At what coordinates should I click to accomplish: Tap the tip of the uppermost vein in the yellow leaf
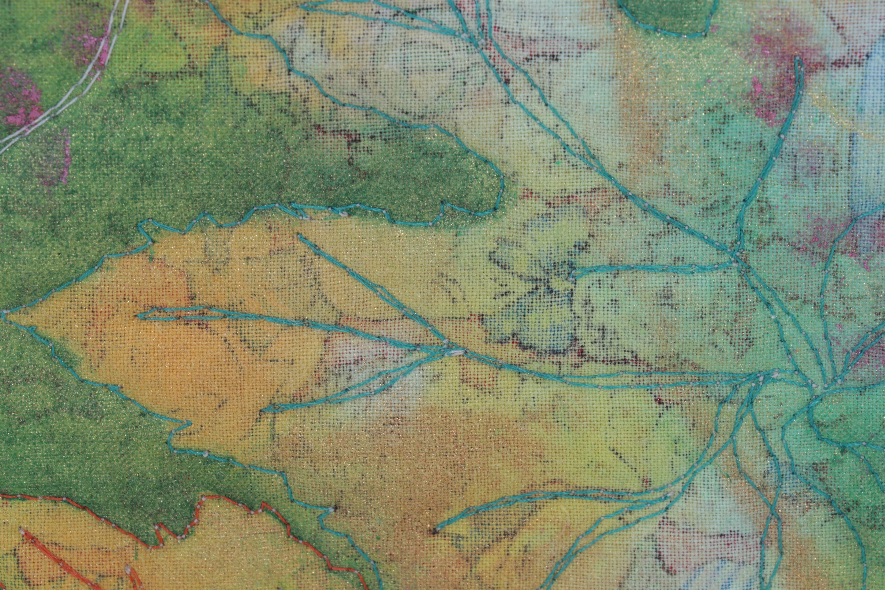point(299,236)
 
